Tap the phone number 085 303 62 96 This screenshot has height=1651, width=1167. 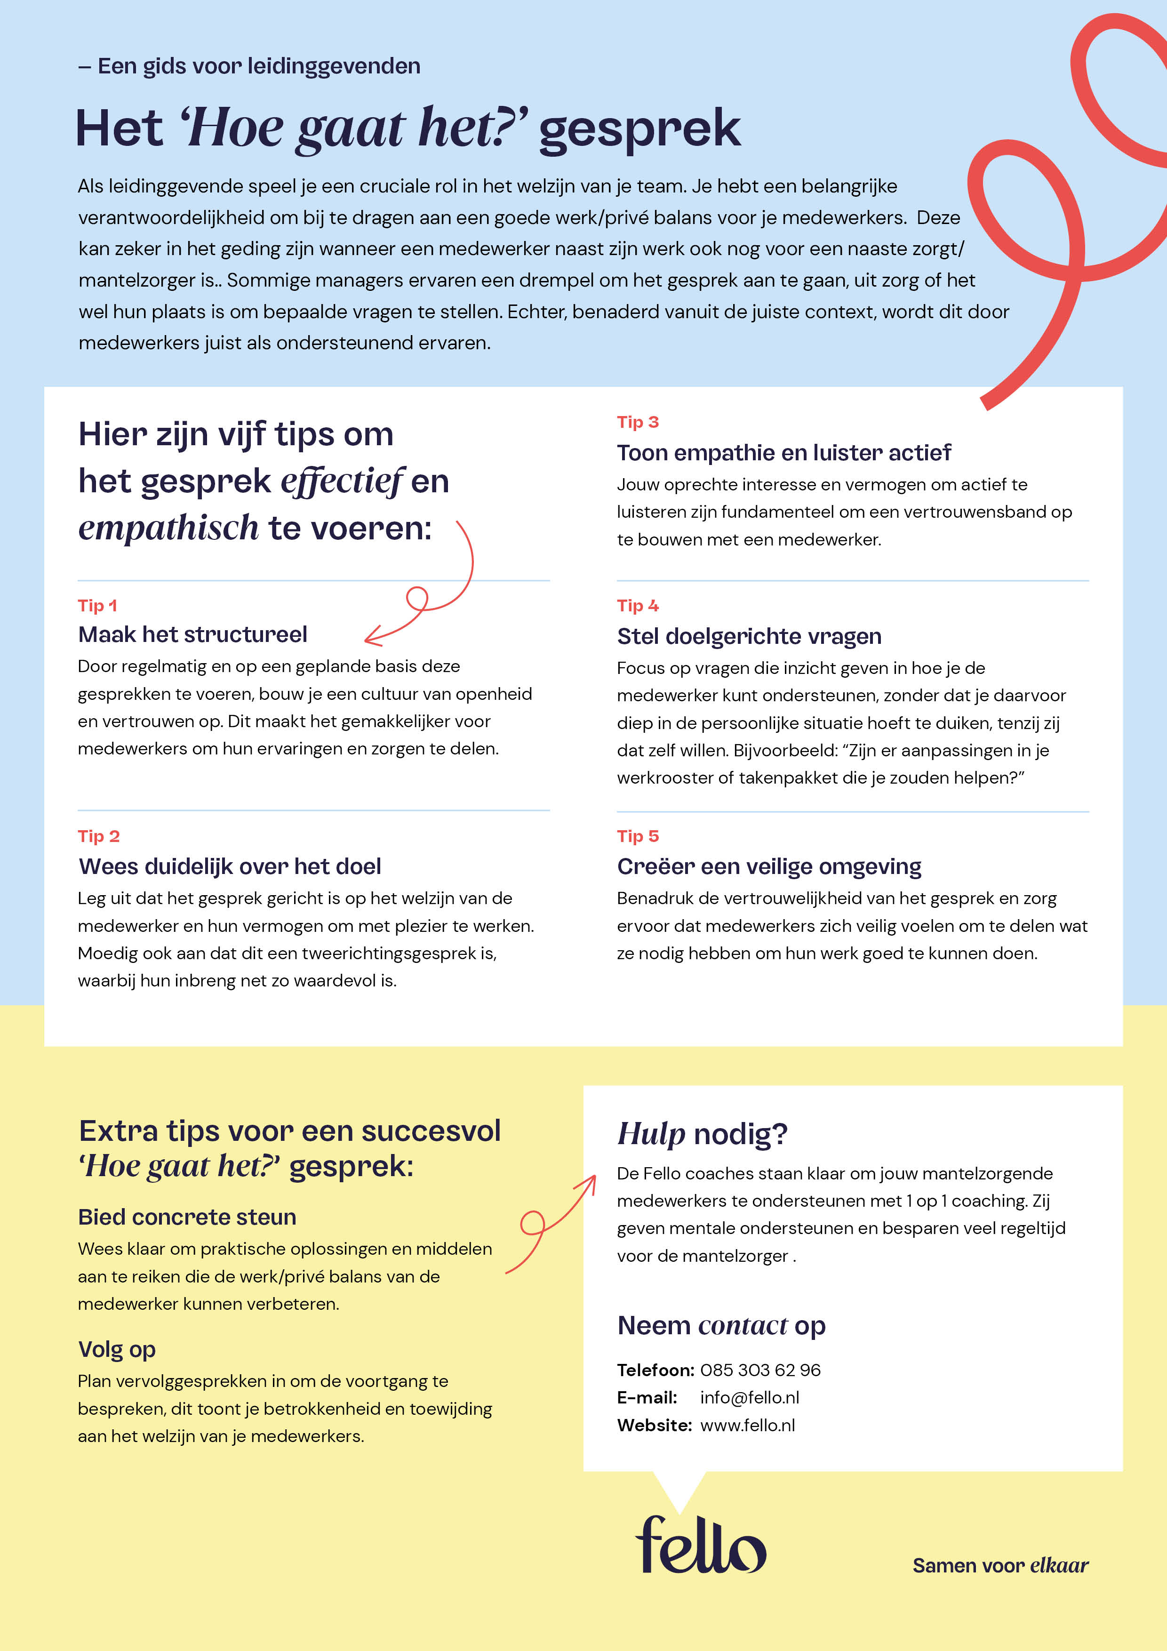[x=760, y=1370]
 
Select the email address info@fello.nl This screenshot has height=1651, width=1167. [x=749, y=1397]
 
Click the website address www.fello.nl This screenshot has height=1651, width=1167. [x=747, y=1425]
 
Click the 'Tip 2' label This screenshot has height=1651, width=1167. [x=98, y=836]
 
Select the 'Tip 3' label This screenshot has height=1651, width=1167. [x=638, y=422]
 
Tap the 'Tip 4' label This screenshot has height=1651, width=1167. [x=638, y=605]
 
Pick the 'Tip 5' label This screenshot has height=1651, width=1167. [x=638, y=836]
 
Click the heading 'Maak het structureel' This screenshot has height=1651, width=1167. [x=193, y=634]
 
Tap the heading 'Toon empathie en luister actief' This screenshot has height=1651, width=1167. [x=784, y=453]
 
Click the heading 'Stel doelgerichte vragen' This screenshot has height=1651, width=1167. [x=749, y=636]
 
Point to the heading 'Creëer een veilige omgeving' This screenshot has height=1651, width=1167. [x=768, y=866]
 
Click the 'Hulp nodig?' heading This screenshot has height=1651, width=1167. [x=703, y=1134]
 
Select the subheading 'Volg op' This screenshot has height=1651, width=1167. [x=117, y=1350]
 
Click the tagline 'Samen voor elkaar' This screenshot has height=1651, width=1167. [x=1000, y=1565]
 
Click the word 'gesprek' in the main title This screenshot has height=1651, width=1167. [x=639, y=129]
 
